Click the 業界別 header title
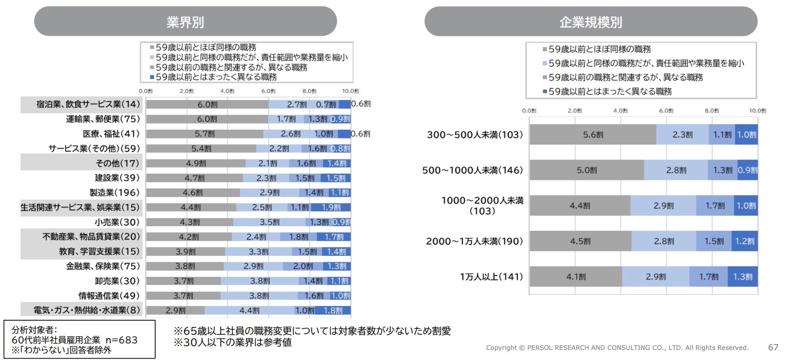185,22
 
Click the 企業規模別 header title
590,22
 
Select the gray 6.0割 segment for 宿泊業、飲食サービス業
207,105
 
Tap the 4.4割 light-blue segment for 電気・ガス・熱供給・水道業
249,311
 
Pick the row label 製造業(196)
114,193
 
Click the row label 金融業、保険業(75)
103,266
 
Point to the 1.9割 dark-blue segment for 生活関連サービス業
331,207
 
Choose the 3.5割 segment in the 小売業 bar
270,222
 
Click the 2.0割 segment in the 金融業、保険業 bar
303,266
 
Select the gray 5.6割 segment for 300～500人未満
593,135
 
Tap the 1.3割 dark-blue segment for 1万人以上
742,277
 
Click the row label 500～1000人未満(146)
472,170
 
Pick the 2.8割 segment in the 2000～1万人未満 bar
664,241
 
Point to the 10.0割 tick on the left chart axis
350,91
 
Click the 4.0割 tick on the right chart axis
620,111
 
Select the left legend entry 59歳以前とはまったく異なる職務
216,77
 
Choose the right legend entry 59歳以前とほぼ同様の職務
599,49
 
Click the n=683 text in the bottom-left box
122,340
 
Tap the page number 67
773,347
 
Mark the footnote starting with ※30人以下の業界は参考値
233,342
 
